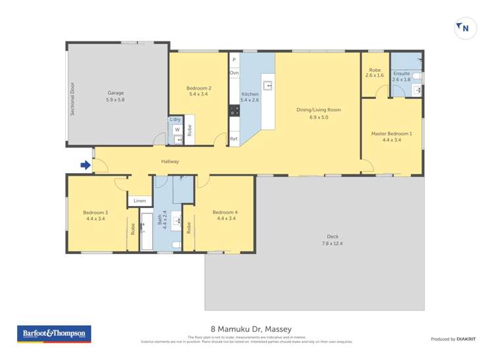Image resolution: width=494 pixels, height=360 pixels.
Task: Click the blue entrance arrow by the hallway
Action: tap(85, 166)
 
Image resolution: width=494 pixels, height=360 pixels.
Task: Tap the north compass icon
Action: tap(463, 28)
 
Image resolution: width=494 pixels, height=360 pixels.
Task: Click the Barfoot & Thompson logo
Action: tap(54, 334)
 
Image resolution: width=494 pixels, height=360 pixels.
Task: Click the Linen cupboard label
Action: tap(140, 200)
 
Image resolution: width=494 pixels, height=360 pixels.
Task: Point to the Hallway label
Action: tap(170, 161)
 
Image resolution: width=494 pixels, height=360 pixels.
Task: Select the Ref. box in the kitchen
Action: tap(234, 139)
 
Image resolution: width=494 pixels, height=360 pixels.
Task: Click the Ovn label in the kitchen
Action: tap(234, 73)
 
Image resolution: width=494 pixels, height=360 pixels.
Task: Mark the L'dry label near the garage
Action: tap(175, 119)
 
